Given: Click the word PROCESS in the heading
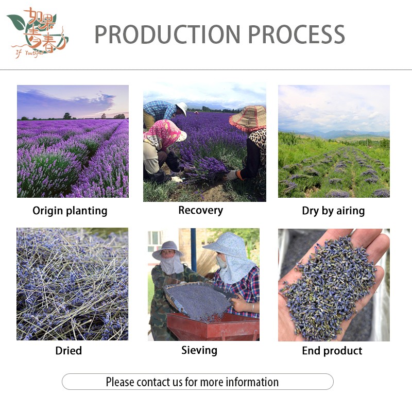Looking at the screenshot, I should coord(297,34).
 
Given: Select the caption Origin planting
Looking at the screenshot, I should coord(70,211).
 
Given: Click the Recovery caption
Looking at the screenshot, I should coord(200,210).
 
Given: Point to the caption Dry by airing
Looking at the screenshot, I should coord(333,211).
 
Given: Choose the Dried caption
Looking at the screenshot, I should coord(68,351).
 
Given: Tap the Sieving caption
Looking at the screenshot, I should coord(199,350).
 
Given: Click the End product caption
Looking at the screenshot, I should coord(332,351).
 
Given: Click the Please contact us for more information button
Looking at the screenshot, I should coord(197,382).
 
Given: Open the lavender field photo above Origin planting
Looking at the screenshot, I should coord(73,141).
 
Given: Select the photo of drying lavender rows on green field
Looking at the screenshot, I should coord(334,141).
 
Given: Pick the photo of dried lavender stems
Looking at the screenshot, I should coord(72,284).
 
